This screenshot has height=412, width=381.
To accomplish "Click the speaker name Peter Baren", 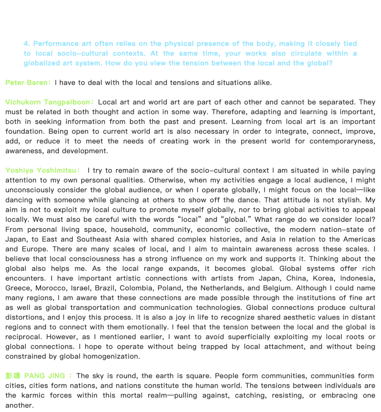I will [26, 83].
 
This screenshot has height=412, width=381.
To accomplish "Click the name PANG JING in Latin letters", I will [44, 376].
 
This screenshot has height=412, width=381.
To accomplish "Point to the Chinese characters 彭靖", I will [13, 376].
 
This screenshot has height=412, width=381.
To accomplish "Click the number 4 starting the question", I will [26, 44].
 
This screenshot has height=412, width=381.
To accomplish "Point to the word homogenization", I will [111, 356].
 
